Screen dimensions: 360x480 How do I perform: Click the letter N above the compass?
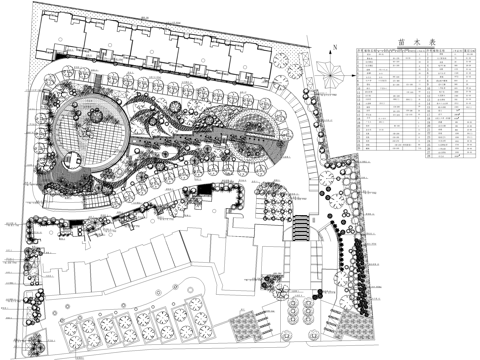(x=331, y=46)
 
